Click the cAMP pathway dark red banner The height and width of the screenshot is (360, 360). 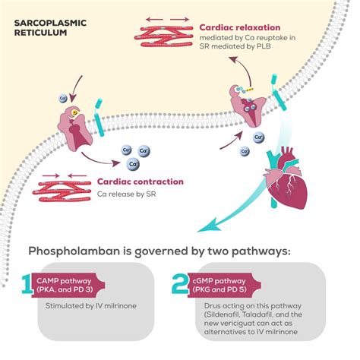73,284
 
